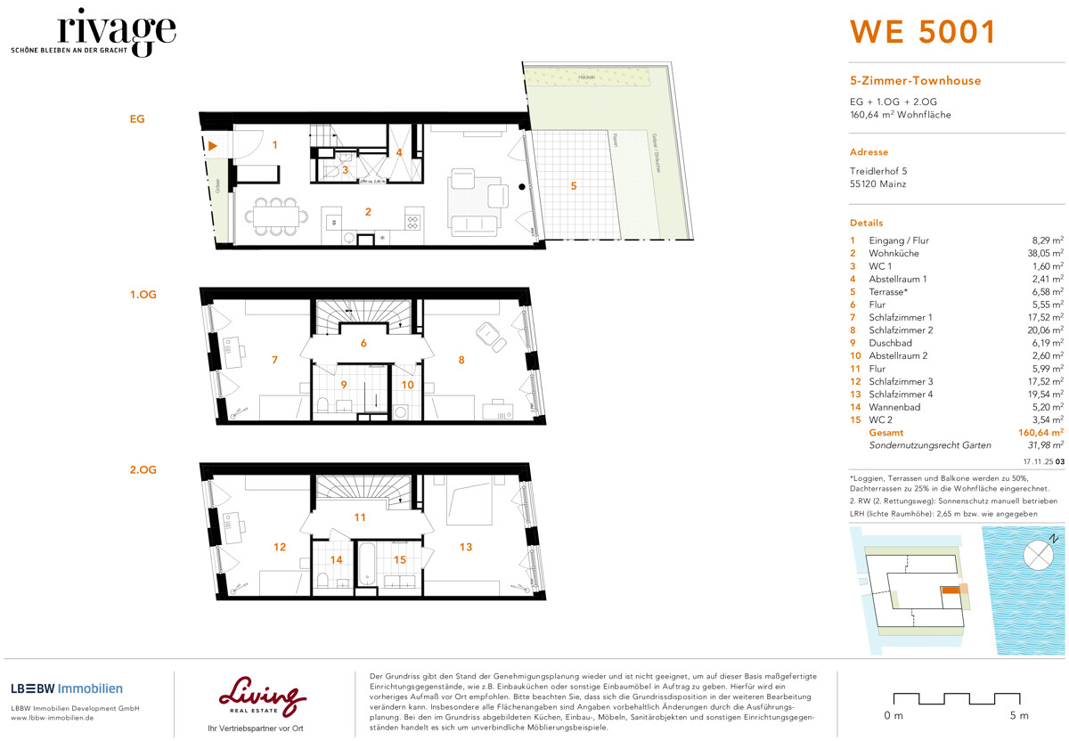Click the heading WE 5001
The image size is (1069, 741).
[922, 32]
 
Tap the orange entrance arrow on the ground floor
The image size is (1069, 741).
[213, 145]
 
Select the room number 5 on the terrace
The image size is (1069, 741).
[574, 186]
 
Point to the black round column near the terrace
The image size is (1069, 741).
[522, 187]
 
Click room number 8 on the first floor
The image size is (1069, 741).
[461, 361]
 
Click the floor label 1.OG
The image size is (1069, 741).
[143, 294]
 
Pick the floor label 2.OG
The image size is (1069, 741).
[143, 469]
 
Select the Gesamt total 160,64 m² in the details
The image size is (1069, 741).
[1040, 432]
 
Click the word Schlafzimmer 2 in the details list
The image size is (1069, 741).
[901, 330]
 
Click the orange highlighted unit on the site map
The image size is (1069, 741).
[951, 590]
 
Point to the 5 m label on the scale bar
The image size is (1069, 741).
[1018, 716]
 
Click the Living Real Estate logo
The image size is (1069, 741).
[262, 696]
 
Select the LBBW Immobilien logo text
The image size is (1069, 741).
[67, 688]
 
